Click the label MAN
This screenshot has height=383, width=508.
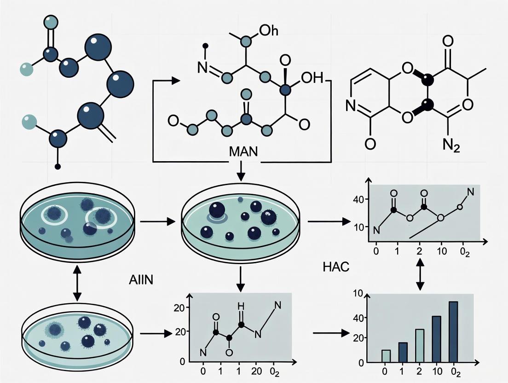click(x=242, y=151)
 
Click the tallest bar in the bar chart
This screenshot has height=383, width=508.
click(x=453, y=331)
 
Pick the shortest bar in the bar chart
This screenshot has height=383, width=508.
click(x=386, y=356)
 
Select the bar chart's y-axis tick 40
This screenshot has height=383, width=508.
click(x=358, y=318)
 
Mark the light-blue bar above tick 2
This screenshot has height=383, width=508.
click(x=420, y=345)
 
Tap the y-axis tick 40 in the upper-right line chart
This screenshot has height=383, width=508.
click(x=358, y=199)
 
